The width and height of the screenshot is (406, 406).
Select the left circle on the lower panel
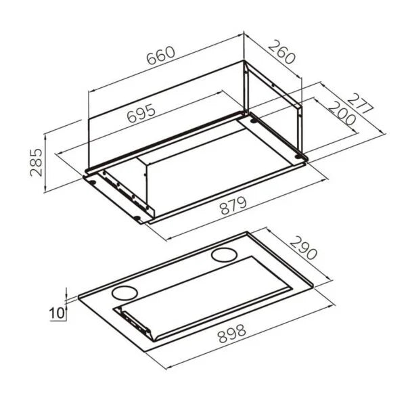coord(122,293)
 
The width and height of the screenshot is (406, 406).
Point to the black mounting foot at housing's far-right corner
coord(303,158)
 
